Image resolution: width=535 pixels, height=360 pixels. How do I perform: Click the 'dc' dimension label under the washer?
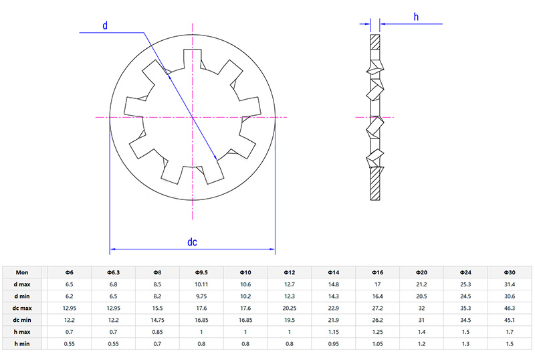(x=192, y=242)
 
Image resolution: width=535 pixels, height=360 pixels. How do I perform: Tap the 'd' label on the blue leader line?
(x=105, y=25)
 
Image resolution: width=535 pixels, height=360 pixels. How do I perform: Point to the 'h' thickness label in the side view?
(x=416, y=17)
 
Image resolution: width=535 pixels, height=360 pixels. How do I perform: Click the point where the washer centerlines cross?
(x=193, y=118)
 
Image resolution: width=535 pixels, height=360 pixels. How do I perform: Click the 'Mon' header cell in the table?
(x=22, y=272)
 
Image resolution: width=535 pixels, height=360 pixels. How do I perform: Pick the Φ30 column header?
(x=510, y=272)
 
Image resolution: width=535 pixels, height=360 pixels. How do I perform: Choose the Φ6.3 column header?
(x=113, y=272)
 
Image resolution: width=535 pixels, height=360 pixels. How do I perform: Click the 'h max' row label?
(x=22, y=332)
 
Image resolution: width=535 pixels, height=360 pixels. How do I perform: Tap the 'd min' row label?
(x=22, y=296)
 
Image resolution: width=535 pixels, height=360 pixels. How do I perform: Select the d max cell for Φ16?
(x=378, y=284)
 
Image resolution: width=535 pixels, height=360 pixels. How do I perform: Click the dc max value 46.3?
(x=510, y=308)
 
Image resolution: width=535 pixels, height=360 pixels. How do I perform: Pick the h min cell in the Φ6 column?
(x=69, y=344)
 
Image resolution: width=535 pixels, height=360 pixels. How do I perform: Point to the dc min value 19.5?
(x=290, y=320)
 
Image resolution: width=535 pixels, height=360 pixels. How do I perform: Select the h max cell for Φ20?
(x=422, y=332)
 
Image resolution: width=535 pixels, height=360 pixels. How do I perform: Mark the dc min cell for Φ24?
(x=465, y=320)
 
